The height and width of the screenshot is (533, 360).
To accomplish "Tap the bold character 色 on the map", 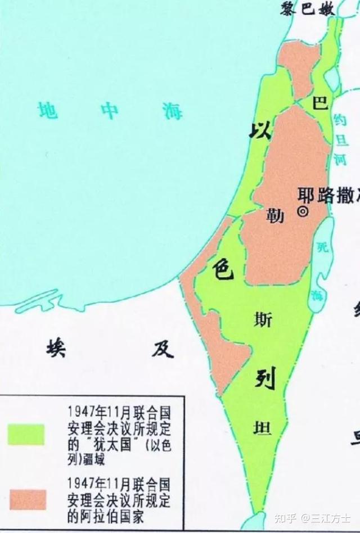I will coord(222,269).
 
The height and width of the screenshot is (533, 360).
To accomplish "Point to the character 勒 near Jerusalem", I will coord(276,215).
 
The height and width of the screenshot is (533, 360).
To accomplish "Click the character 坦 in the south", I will coord(263,429).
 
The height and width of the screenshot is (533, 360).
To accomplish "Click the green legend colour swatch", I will coord(25,434).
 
